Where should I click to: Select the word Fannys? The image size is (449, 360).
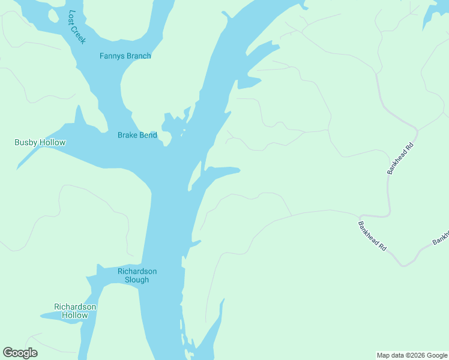point(112,56)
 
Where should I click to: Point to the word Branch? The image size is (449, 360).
point(139,56)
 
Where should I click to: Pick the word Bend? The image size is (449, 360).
point(148,135)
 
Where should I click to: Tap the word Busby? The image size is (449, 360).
point(26,142)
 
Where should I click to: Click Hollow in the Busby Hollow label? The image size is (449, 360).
point(53,142)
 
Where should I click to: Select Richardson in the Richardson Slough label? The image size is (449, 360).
point(137,271)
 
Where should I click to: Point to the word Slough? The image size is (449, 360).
point(137,280)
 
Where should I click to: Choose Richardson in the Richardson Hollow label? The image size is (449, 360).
point(75,307)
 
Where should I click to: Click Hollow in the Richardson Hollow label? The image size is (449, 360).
point(75,315)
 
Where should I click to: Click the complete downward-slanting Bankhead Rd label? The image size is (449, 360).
point(372,236)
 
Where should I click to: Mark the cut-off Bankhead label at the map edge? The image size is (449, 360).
point(441,238)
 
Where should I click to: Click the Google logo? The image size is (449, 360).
point(20,353)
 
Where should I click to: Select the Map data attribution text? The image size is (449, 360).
point(412,355)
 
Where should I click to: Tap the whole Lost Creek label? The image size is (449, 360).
point(76,26)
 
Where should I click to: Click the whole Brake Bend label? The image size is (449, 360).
point(137,135)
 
